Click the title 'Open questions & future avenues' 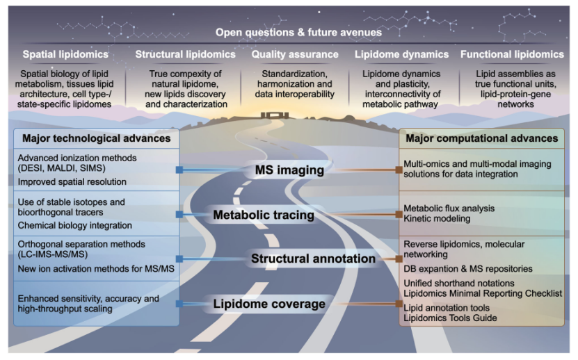click(x=298, y=33)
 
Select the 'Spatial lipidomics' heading click(x=65, y=54)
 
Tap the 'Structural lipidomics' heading click(x=186, y=54)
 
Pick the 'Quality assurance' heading click(x=295, y=54)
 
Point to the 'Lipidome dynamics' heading click(x=402, y=54)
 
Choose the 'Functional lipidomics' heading click(x=512, y=54)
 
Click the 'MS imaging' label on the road click(x=290, y=170)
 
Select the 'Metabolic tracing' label click(x=264, y=215)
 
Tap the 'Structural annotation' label click(x=313, y=259)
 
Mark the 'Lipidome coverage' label click(x=269, y=304)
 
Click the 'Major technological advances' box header click(x=97, y=138)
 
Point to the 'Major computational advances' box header click(x=482, y=138)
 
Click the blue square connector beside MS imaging click(x=179, y=170)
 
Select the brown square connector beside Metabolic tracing click(x=399, y=215)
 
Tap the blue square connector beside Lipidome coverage click(x=179, y=304)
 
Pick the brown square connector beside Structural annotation click(x=399, y=259)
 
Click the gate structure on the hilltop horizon click(x=274, y=115)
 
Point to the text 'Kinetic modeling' click(x=437, y=218)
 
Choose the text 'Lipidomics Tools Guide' click(x=450, y=318)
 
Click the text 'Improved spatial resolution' click(x=72, y=182)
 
